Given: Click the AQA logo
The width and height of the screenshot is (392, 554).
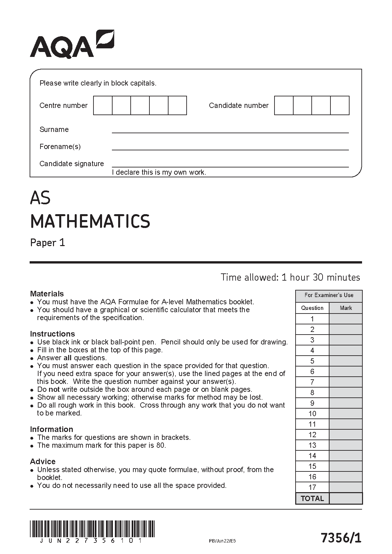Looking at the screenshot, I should pyautogui.click(x=72, y=44).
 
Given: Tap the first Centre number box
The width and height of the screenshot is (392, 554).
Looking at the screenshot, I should pyautogui.click(x=103, y=106).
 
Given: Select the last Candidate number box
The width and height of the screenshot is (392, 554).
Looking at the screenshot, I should pyautogui.click(x=340, y=106).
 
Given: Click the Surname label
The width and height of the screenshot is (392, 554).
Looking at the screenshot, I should pyautogui.click(x=54, y=130).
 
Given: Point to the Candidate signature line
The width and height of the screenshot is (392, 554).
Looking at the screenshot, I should pyautogui.click(x=230, y=166).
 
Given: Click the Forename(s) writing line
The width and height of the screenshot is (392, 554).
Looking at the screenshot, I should pyautogui.click(x=230, y=149).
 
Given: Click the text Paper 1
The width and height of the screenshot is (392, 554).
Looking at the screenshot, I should pyautogui.click(x=48, y=243).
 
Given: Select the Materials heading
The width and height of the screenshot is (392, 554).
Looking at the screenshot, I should pyautogui.click(x=47, y=294).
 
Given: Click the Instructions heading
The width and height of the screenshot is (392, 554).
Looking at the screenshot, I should pyautogui.click(x=52, y=334).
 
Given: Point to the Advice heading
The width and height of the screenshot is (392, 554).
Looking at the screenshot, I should pyautogui.click(x=43, y=462).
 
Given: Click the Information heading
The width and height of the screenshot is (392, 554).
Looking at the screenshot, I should pyautogui.click(x=51, y=429).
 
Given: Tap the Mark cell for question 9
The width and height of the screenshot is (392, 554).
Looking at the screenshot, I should pyautogui.click(x=346, y=403).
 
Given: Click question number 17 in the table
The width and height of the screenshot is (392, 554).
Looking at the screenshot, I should pyautogui.click(x=312, y=488).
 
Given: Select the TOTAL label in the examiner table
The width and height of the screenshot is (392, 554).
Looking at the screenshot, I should pyautogui.click(x=312, y=498).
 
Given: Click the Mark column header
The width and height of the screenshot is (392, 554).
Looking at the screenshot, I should pyautogui.click(x=346, y=308).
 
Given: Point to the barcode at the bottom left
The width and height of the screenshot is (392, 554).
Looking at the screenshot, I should pyautogui.click(x=92, y=528).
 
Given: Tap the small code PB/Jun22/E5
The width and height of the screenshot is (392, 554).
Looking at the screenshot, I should pyautogui.click(x=222, y=541).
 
